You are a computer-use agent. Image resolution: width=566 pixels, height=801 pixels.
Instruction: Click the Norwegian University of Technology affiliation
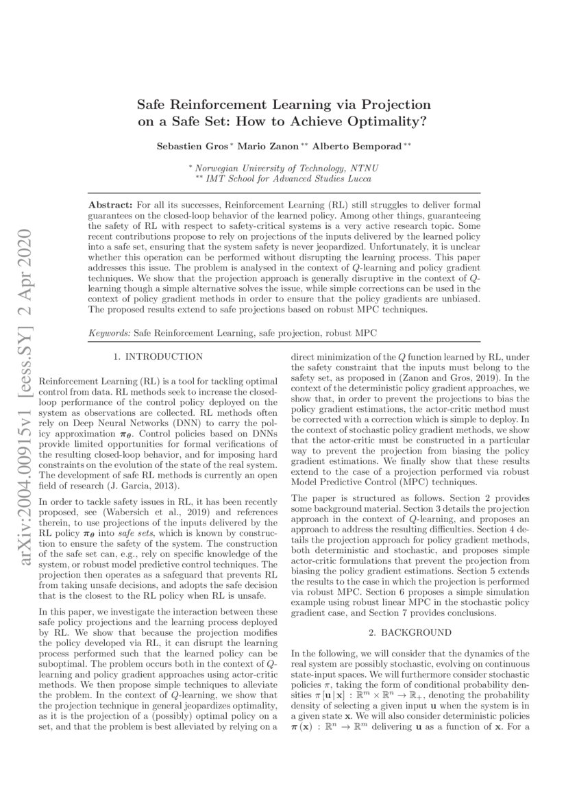pyautogui.click(x=286, y=168)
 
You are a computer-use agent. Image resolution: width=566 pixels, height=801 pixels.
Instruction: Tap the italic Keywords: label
pyautogui.click(x=110, y=333)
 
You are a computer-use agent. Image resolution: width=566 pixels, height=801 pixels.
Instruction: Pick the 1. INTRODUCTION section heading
pyautogui.click(x=158, y=356)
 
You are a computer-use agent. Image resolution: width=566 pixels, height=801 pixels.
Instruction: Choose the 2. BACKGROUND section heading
pyautogui.click(x=410, y=632)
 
